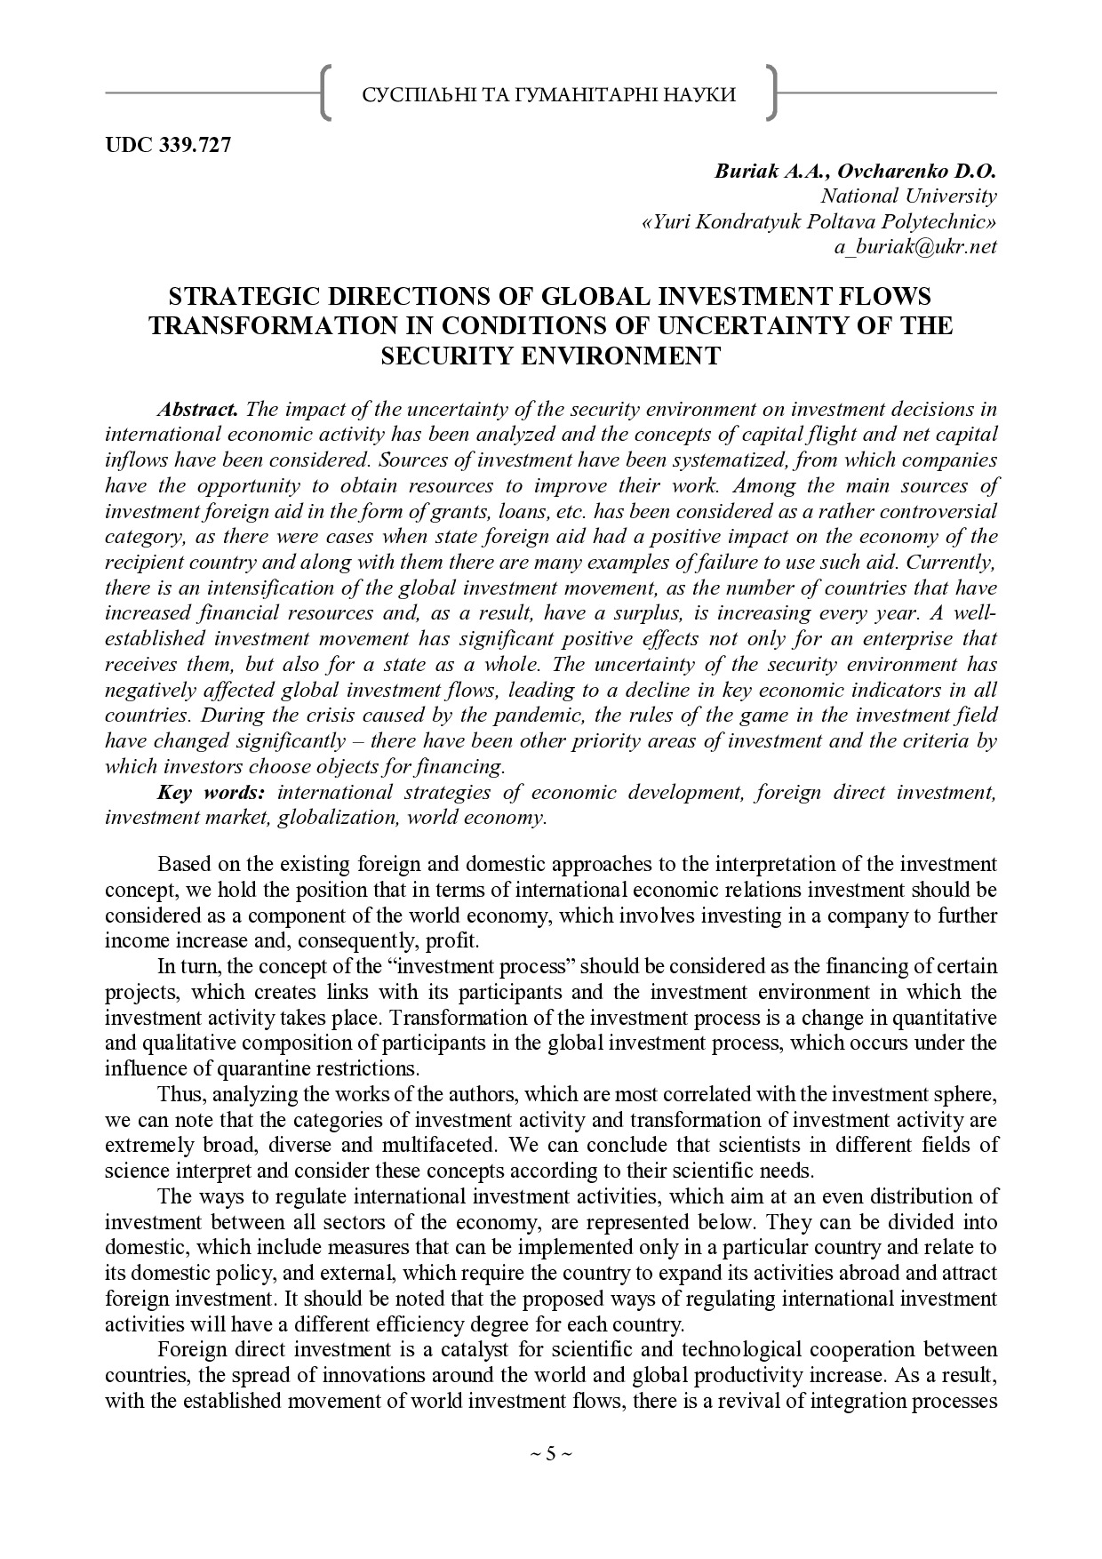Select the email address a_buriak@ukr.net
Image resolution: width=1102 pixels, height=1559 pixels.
pos(914,247)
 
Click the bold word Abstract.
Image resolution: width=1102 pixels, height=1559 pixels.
pos(197,410)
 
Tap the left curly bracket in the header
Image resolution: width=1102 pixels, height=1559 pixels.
pos(326,92)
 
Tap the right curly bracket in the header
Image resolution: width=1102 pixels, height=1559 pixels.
pos(771,92)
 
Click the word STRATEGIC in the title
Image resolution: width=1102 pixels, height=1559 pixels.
pos(238,296)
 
